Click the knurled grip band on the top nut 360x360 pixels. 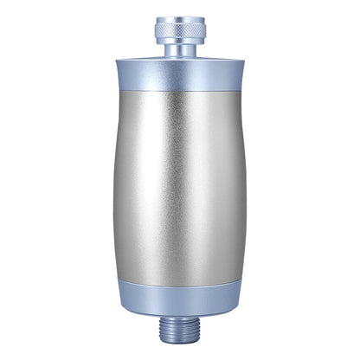pos(180,33)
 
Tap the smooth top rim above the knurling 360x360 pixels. pos(180,20)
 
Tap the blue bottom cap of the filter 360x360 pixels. pos(180,299)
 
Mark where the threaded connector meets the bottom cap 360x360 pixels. pos(180,317)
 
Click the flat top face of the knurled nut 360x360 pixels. pos(180,16)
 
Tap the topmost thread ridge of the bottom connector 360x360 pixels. pos(180,321)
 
